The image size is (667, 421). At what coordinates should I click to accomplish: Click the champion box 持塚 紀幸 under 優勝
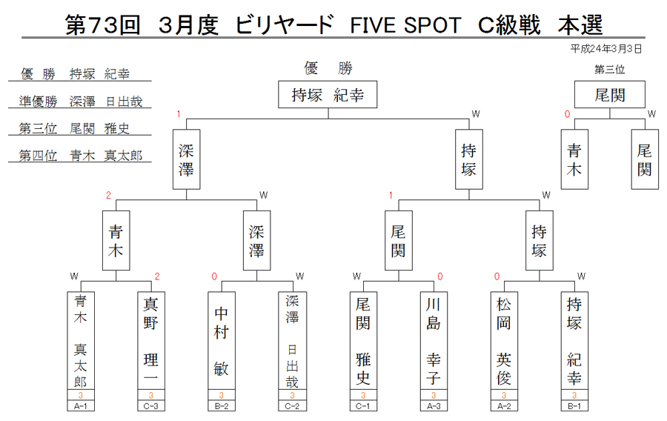click(x=328, y=94)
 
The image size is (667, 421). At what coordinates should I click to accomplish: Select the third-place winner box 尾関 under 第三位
click(x=610, y=94)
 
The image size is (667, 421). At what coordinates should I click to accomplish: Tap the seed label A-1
click(x=80, y=406)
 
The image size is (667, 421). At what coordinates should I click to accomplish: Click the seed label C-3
click(x=151, y=406)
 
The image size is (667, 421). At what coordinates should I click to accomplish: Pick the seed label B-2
click(x=221, y=406)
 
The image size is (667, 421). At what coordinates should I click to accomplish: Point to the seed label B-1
click(x=574, y=406)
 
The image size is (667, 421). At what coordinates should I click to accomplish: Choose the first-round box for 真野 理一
click(x=151, y=340)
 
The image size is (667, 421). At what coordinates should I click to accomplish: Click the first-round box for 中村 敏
click(x=221, y=340)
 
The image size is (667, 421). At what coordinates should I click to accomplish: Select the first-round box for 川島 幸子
click(x=434, y=340)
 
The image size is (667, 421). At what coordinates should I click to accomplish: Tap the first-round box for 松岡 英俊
click(x=504, y=340)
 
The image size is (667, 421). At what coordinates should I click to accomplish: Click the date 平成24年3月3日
click(x=605, y=49)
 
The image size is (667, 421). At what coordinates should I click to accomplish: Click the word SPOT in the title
click(x=432, y=25)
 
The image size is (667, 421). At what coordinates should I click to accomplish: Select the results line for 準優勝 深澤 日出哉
click(x=80, y=102)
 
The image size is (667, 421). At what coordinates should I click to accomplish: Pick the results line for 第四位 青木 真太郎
click(x=80, y=156)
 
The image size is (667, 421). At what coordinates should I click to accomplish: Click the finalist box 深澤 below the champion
click(x=186, y=159)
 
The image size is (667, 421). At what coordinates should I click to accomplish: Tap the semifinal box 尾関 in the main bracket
click(x=398, y=241)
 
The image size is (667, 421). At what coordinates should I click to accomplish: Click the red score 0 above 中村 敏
click(x=214, y=276)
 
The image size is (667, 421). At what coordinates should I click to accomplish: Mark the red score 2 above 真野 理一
click(x=157, y=276)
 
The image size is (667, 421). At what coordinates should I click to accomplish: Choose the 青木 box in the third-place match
click(x=574, y=159)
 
